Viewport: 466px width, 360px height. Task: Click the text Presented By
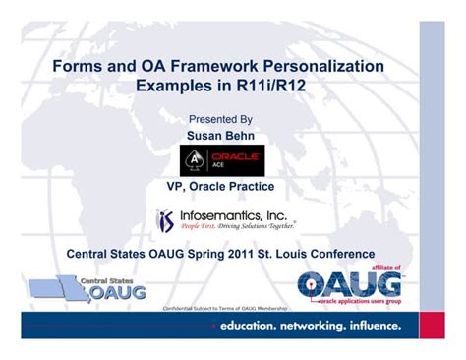tap(226, 119)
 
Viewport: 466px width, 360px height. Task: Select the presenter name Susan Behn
tap(226, 134)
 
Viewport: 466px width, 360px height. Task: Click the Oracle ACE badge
tap(221, 159)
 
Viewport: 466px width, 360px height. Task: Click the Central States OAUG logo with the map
tap(89, 288)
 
